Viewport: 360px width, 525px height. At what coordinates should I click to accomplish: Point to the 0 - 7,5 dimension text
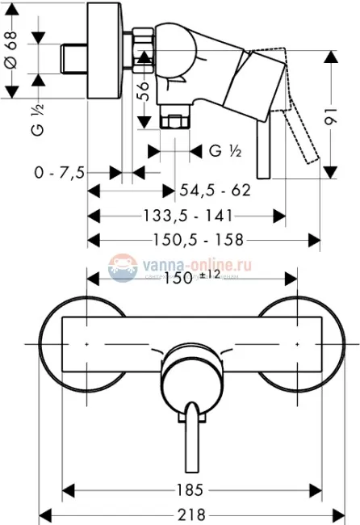56,173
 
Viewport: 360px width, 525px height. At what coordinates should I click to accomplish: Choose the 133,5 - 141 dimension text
189,216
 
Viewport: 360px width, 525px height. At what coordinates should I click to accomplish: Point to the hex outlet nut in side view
173,122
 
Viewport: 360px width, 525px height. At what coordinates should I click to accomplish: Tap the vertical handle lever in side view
262,153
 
